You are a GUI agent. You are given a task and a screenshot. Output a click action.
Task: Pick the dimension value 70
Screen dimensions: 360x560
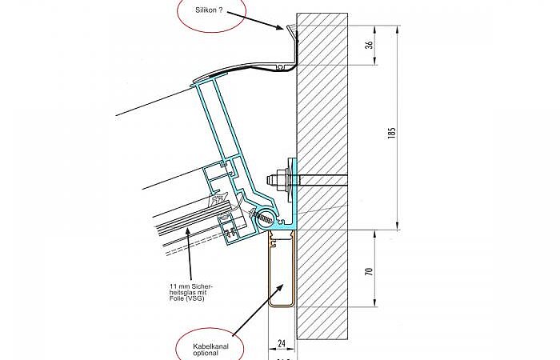point(369,271)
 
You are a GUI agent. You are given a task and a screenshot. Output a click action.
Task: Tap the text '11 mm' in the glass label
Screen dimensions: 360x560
point(179,286)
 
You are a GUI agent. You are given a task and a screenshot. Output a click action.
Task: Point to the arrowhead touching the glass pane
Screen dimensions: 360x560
point(186,231)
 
